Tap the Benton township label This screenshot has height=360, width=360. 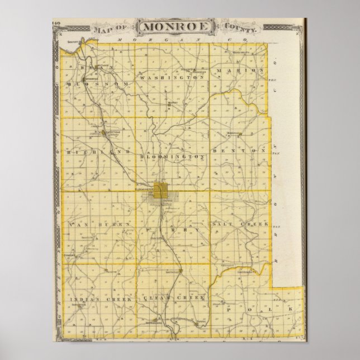coord(241,150)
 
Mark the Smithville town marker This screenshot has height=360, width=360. coord(172,272)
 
